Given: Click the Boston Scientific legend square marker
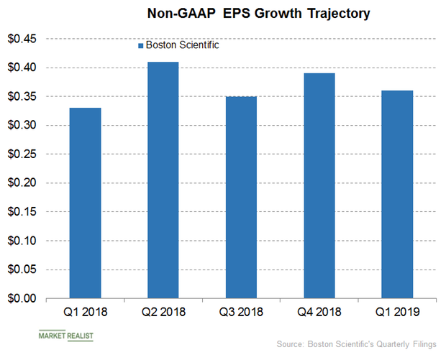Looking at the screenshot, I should point(140,45).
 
